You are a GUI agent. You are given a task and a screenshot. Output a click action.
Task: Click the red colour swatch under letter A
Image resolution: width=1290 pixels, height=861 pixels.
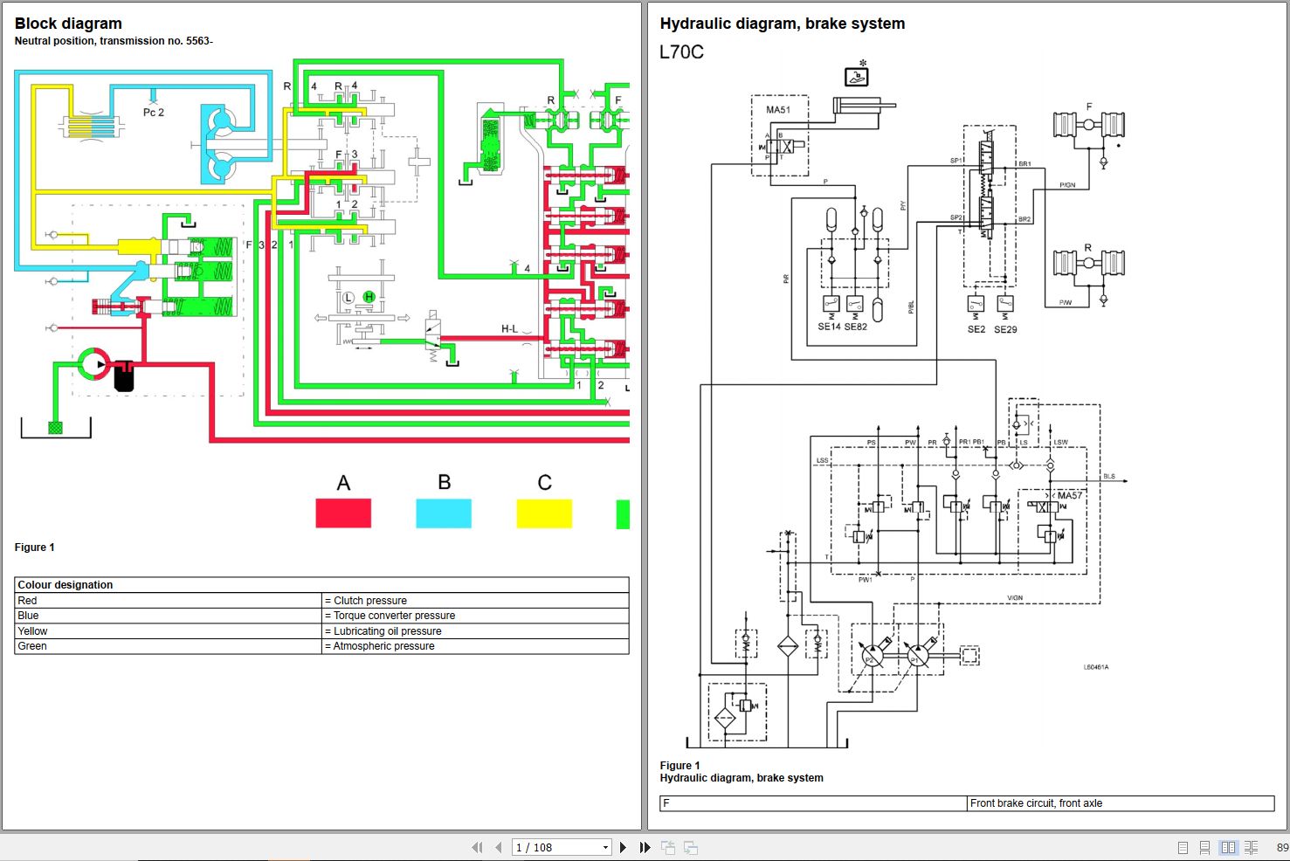(x=343, y=513)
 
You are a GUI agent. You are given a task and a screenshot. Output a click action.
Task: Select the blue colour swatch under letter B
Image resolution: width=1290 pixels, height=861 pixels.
(x=444, y=513)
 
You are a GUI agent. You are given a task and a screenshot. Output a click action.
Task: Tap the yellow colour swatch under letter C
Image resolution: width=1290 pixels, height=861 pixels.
(x=544, y=513)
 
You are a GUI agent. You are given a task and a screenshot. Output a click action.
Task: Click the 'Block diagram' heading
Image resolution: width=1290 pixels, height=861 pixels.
(x=68, y=24)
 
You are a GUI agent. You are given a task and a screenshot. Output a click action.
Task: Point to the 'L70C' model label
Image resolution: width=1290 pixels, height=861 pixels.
(x=681, y=52)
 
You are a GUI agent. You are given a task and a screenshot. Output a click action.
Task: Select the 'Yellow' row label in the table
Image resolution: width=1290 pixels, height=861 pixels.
(x=33, y=631)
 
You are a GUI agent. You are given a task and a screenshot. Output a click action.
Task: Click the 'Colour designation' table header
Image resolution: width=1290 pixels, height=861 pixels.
(x=66, y=585)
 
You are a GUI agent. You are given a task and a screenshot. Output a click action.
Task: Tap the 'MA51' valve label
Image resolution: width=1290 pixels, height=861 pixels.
(x=778, y=110)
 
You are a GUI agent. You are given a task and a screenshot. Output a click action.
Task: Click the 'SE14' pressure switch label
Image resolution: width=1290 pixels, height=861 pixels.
(x=829, y=327)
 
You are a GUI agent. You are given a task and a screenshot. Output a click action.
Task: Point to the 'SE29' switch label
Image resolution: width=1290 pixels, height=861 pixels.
(x=1005, y=329)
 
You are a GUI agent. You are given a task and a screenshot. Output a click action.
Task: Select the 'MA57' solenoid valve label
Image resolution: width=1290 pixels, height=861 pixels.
(x=1070, y=495)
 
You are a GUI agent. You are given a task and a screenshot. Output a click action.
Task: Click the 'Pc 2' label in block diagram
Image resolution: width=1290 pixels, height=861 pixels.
(x=154, y=113)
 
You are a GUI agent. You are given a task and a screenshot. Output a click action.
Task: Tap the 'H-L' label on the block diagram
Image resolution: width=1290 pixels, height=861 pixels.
(x=509, y=329)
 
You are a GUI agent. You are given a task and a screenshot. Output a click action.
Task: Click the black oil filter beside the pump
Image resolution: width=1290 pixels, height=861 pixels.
(x=124, y=375)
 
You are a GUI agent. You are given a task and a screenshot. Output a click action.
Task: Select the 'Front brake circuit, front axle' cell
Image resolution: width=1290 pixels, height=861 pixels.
(x=1036, y=803)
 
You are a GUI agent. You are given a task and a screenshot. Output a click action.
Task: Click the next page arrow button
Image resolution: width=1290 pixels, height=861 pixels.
(x=623, y=847)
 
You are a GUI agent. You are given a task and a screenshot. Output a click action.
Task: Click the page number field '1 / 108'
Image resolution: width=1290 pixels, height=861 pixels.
(x=559, y=847)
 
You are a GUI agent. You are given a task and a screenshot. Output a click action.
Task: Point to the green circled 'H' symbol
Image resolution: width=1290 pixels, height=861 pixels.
(x=369, y=298)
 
